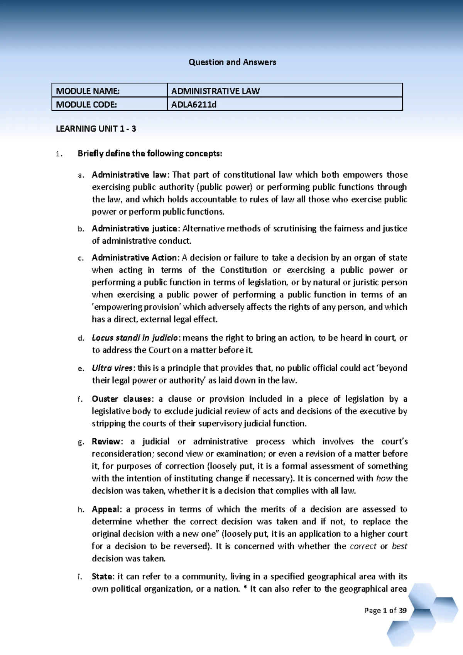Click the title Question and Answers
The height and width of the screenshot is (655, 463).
(232, 62)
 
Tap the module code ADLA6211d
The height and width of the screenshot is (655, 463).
(194, 104)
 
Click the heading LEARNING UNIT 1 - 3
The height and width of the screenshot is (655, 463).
(96, 129)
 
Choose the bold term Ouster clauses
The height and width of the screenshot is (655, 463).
(122, 399)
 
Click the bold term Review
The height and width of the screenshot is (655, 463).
(106, 441)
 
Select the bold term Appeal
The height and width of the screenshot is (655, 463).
(106, 509)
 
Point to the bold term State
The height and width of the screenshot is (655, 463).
(102, 577)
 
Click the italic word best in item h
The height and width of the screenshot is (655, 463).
(399, 546)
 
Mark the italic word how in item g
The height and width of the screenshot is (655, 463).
(384, 479)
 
